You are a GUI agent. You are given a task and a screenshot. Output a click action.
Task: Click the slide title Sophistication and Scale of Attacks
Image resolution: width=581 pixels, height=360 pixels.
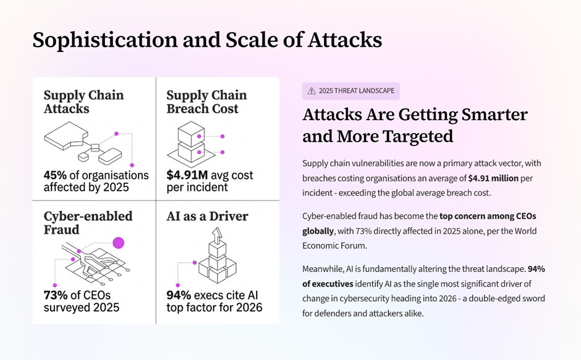[x=207, y=40]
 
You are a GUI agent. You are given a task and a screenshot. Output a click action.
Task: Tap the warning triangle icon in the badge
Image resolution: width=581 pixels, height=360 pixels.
[x=311, y=91]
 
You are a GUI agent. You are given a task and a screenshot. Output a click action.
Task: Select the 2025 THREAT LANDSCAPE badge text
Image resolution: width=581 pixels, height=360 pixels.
[x=356, y=91]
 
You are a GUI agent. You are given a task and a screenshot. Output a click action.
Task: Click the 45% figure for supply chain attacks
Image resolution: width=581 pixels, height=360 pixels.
[x=55, y=175]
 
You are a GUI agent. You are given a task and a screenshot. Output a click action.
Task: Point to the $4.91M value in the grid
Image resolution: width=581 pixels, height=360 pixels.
[x=187, y=175]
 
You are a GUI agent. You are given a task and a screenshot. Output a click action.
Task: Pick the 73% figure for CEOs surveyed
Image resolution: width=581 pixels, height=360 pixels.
[x=55, y=294]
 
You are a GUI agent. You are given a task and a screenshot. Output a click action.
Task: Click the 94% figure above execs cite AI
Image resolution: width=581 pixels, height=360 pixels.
[x=179, y=294]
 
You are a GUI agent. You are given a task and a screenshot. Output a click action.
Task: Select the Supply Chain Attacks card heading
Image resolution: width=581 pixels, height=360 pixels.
[x=83, y=102]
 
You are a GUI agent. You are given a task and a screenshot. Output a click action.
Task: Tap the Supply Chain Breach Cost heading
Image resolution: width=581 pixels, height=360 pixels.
[x=206, y=102]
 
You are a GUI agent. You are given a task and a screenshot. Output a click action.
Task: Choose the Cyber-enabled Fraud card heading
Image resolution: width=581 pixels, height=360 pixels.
[x=88, y=223]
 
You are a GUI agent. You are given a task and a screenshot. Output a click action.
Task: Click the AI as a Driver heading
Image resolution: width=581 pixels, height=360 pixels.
[x=207, y=216]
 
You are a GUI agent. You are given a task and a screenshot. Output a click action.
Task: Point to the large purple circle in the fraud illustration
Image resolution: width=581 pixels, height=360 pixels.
[x=118, y=242]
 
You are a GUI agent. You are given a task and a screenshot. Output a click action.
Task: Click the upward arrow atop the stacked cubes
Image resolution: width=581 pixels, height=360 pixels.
[x=216, y=235]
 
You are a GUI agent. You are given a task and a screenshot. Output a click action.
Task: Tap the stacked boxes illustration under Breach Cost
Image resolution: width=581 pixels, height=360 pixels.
[x=190, y=141]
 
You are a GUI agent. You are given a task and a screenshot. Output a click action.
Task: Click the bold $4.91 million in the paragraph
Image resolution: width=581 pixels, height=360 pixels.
[x=493, y=179]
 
